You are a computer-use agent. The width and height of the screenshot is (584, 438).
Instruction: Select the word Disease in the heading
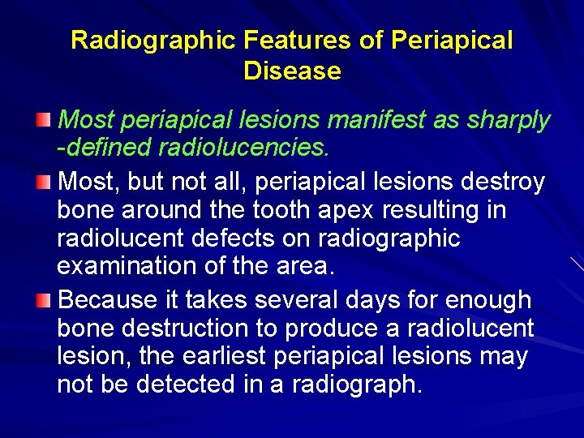coord(292,71)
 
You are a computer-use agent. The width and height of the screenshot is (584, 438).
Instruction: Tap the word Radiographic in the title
coord(142,41)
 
